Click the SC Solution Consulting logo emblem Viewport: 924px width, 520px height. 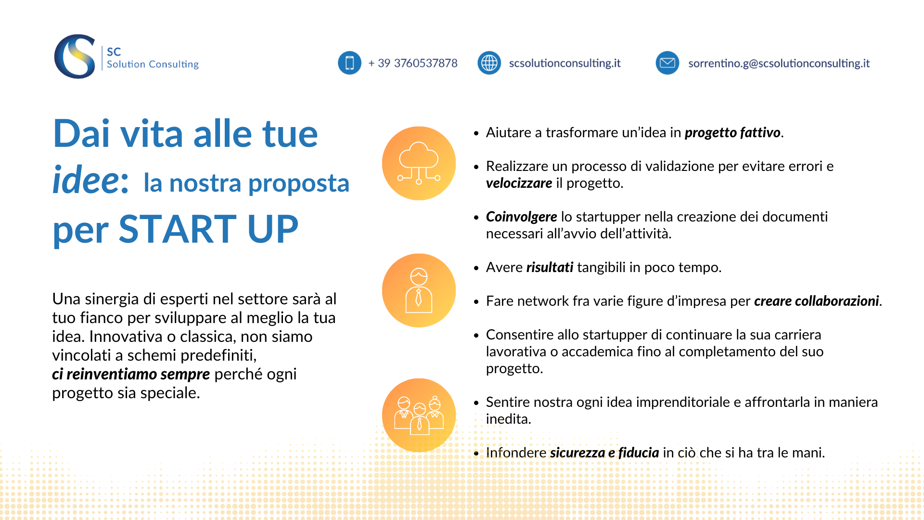click(x=75, y=56)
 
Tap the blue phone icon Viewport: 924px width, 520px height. click(x=349, y=63)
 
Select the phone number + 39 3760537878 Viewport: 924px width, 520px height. click(x=413, y=63)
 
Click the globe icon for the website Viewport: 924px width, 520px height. click(x=489, y=63)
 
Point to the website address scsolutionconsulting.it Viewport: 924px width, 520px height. click(x=565, y=63)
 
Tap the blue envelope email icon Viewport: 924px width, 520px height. click(x=667, y=63)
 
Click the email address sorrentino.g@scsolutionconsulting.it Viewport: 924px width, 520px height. click(x=779, y=63)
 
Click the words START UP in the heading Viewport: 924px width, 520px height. click(x=208, y=229)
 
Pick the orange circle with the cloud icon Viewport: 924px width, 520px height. click(x=419, y=163)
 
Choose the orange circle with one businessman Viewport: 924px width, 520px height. click(x=419, y=290)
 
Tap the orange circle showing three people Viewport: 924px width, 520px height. click(x=419, y=415)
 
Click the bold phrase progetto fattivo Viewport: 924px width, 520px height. click(x=732, y=132)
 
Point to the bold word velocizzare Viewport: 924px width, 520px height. click(x=519, y=183)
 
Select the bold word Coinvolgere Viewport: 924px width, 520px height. click(x=521, y=217)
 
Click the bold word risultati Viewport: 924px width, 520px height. click(x=550, y=267)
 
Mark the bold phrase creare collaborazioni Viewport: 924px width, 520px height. click(x=816, y=301)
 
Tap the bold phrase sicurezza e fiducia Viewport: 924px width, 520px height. click(x=604, y=453)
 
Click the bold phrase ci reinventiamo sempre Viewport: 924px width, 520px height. click(x=131, y=374)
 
